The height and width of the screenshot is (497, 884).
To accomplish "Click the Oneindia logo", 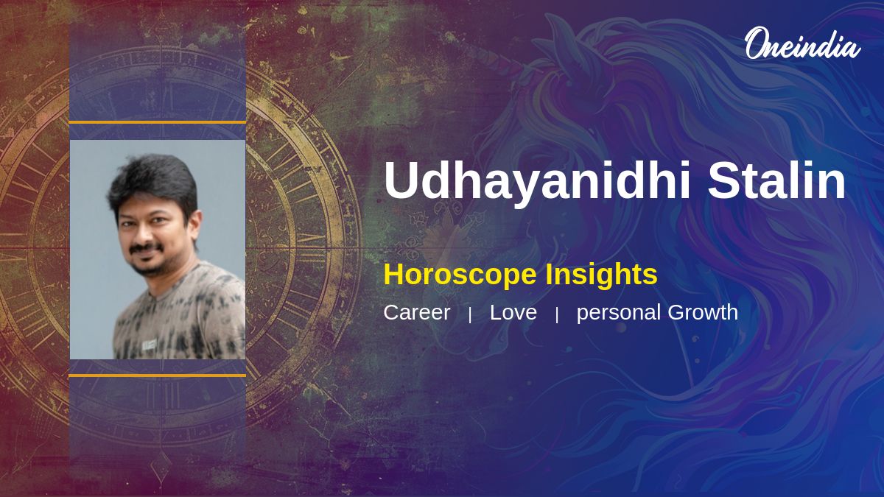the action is click(x=803, y=43).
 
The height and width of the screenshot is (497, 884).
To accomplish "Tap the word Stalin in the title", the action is click(x=776, y=180).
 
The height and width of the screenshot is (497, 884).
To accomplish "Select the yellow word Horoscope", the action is click(x=460, y=275).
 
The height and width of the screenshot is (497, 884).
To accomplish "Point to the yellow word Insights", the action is click(x=601, y=275).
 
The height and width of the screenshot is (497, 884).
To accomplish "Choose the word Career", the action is click(x=417, y=312).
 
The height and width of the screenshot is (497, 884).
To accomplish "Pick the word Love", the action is click(x=513, y=312).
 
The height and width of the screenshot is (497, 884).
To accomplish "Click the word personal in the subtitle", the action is click(x=619, y=313).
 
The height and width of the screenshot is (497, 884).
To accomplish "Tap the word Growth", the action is click(x=703, y=312).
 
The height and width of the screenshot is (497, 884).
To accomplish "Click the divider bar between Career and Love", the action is click(x=470, y=315).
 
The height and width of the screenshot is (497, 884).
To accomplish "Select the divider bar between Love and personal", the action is click(x=557, y=315).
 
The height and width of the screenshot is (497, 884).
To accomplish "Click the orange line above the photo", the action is click(x=158, y=123).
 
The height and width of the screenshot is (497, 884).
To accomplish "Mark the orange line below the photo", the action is click(x=158, y=376).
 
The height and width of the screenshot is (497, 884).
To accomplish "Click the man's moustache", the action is click(x=147, y=247).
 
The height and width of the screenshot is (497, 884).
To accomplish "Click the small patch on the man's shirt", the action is click(x=149, y=345).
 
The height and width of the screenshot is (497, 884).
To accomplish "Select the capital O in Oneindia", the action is click(x=755, y=43).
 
